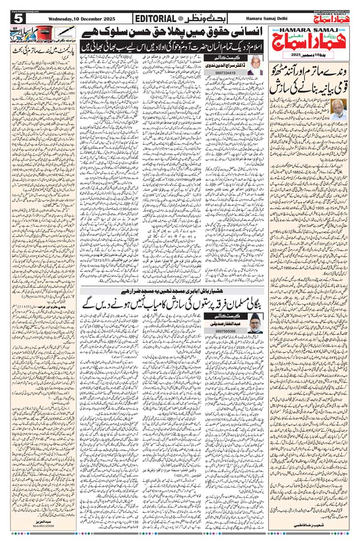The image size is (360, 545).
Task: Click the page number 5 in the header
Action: coord(18,19)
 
